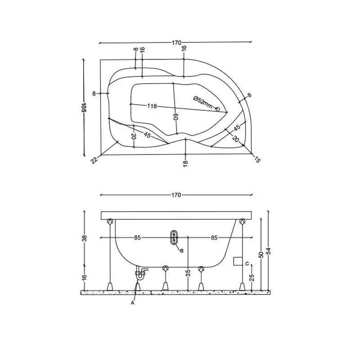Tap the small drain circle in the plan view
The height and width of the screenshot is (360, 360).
(x=217, y=109)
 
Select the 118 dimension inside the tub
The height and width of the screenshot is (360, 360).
(x=152, y=106)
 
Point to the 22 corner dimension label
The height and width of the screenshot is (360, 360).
(x=94, y=160)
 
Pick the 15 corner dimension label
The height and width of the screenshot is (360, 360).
(x=257, y=160)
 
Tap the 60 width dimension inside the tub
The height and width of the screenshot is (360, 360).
(x=175, y=117)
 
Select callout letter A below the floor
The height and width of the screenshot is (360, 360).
(x=132, y=303)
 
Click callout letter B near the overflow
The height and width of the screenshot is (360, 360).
(x=182, y=251)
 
